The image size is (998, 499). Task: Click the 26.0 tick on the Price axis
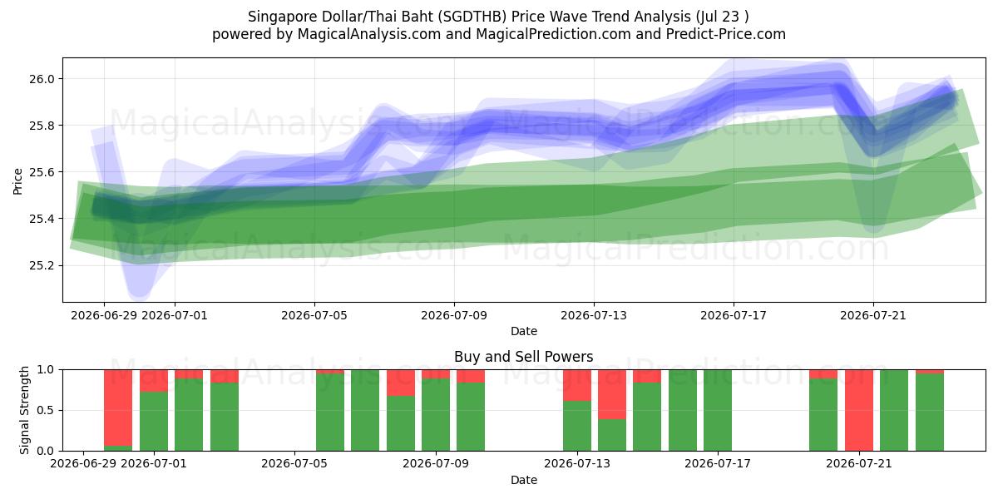coord(42,79)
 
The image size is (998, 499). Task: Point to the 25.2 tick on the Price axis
coord(42,266)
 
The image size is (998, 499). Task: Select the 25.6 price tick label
coord(42,172)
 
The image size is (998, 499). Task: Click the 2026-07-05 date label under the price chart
coord(314,315)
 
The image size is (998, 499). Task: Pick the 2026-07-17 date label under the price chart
coord(734,315)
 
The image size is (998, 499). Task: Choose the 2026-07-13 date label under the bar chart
coord(577,464)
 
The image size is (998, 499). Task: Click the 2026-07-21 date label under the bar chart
coord(859,464)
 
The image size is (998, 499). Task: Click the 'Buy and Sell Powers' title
coord(523,357)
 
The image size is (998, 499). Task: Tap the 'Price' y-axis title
coord(17,181)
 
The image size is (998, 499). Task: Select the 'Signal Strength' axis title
coord(24,410)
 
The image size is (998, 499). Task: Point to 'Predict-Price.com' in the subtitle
coord(726,34)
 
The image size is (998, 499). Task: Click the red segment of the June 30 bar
coord(118,408)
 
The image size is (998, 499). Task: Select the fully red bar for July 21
coord(859,410)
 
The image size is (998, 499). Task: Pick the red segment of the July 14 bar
coord(612,394)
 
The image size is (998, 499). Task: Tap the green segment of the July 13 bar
coord(577,426)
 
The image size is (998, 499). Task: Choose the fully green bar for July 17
coord(718,410)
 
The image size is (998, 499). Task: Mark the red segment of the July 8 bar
coord(401,383)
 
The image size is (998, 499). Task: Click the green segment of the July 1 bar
coord(154,421)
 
